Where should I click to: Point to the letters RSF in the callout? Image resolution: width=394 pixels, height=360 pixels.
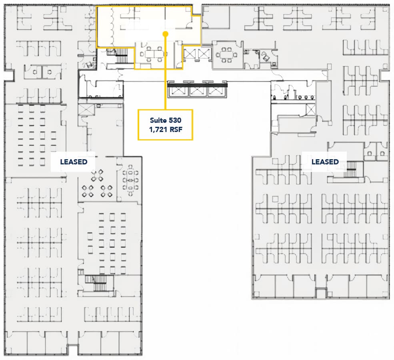tap(176, 130)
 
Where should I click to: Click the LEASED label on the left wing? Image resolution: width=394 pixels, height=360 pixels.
tap(74, 162)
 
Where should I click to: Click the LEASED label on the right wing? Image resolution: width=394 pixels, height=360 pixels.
tap(325, 162)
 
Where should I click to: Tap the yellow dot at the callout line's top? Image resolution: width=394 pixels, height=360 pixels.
tap(165, 34)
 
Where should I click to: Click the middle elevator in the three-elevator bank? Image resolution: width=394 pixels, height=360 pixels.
tap(198, 91)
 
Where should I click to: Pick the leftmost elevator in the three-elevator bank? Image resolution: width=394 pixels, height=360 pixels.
tap(178, 91)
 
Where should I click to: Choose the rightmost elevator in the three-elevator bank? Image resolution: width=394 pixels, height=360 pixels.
tap(216, 91)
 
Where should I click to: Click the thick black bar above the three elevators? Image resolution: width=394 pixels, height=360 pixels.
tap(197, 86)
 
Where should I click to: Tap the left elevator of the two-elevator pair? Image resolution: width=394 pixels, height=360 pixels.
tap(190, 54)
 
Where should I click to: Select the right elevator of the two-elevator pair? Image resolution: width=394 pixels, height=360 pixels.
tap(204, 54)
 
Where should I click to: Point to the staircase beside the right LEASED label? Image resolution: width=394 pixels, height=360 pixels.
tap(351, 169)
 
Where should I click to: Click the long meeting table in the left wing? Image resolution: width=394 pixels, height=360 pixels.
tap(130, 180)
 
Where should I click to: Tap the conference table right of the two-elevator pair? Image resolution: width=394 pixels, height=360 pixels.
tap(226, 55)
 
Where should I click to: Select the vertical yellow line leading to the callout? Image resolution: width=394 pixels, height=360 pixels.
tap(165, 72)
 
